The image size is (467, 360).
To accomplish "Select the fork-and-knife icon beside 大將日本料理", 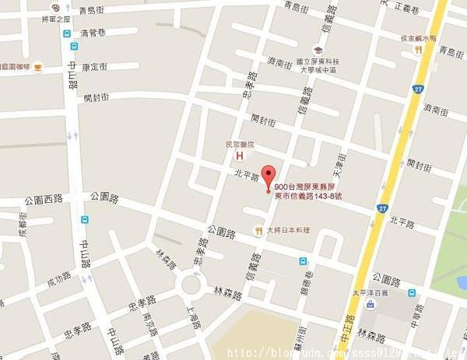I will click(258, 230).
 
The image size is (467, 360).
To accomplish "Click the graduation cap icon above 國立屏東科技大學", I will click(317, 49).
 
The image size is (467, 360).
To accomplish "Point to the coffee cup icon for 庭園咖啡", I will click(37, 68).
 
